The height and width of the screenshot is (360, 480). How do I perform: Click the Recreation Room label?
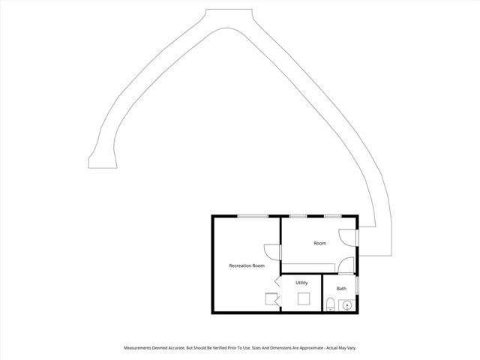pos(247,265)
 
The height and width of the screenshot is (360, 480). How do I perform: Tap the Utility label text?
pos(301,283)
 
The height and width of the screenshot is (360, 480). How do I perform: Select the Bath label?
pos(341,289)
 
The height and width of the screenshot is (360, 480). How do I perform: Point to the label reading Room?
pos(320,243)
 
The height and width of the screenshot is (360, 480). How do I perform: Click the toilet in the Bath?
pos(331,304)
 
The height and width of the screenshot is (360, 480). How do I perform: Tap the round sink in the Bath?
pos(346,305)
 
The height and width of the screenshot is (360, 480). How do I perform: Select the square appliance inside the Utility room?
pos(304,299)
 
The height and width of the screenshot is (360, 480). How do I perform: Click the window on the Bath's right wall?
pos(358,286)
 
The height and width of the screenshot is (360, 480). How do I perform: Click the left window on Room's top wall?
pos(298,216)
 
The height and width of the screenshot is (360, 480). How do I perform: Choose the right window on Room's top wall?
pos(332,216)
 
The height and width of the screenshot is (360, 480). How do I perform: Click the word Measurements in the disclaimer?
pos(143,348)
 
